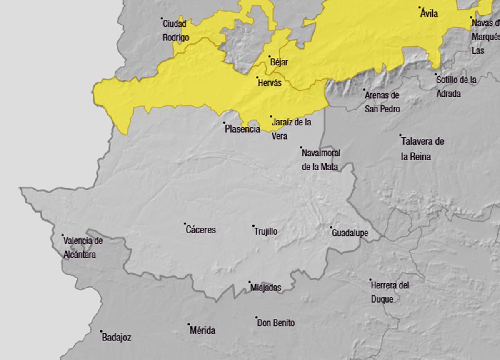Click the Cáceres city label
tap(201, 230)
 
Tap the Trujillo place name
tap(266, 232)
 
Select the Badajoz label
tap(116, 337)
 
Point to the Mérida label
tap(202, 331)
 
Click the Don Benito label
tap(276, 323)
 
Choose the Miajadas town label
tap(266, 287)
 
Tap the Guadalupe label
tap(350, 233)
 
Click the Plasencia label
tap(242, 129)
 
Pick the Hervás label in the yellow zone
tap(270, 83)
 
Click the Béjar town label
tap(279, 62)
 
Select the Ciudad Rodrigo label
tap(175, 30)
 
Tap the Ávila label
tap(429, 14)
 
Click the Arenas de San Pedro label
tap(382, 102)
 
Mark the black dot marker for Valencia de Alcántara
tap(63, 235)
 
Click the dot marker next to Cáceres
tap(185, 224)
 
